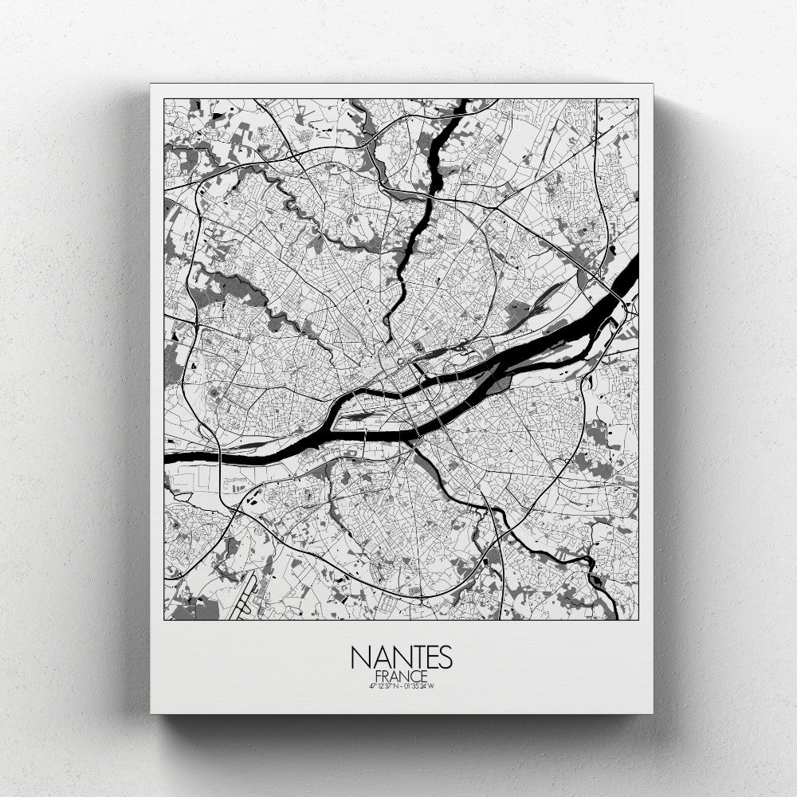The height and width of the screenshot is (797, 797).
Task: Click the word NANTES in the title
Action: click(401, 658)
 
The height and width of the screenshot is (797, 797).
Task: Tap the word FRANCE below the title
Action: click(401, 676)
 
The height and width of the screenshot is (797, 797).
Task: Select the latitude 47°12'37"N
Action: click(380, 685)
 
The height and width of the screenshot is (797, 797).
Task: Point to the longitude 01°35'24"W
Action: click(420, 685)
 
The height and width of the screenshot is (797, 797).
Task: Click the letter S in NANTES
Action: click(445, 658)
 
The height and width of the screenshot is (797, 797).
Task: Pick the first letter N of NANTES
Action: click(359, 658)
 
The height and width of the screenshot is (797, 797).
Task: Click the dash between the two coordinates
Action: click(400, 685)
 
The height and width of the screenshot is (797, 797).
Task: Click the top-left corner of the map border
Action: click(164, 99)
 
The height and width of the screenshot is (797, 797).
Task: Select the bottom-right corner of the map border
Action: click(638, 619)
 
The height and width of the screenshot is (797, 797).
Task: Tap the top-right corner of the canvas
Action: click(653, 84)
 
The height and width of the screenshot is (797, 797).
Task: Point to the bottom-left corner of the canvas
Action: click(151, 713)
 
